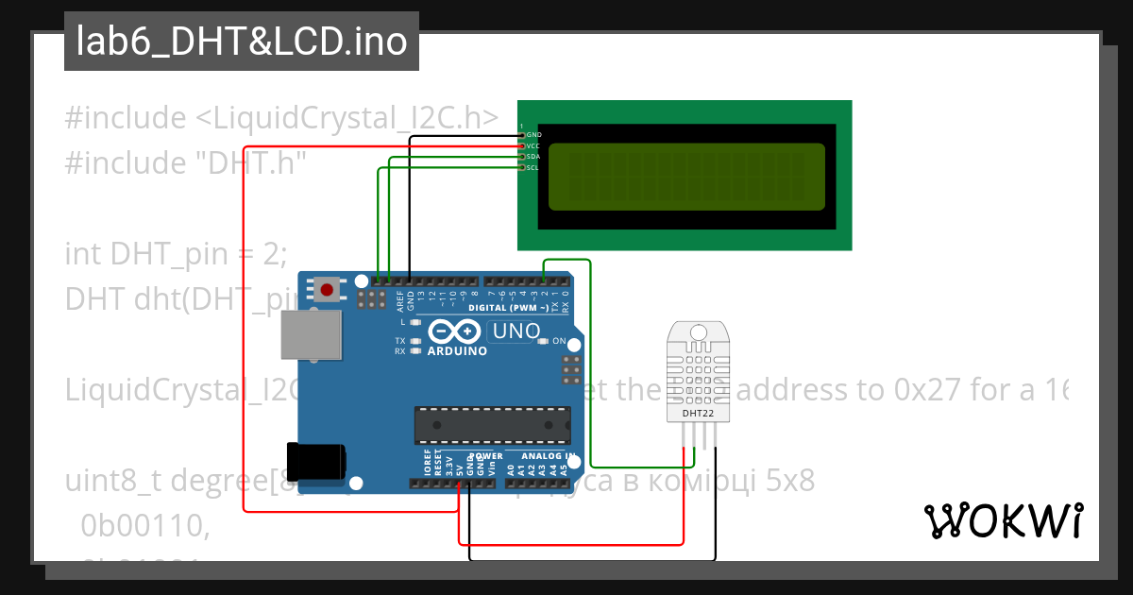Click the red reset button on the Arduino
[x=327, y=289]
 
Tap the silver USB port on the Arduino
[x=311, y=335]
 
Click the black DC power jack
[x=314, y=462]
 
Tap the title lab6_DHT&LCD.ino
[x=242, y=42]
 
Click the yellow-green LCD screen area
[x=686, y=177]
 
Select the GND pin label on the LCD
[x=533, y=135]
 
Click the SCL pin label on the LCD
[x=533, y=168]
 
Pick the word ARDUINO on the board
[x=458, y=351]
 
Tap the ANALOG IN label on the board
[x=548, y=456]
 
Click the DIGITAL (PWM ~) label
[x=508, y=308]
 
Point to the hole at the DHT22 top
[x=698, y=332]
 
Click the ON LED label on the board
[x=559, y=341]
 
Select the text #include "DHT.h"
[x=187, y=163]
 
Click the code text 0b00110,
[x=144, y=525]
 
